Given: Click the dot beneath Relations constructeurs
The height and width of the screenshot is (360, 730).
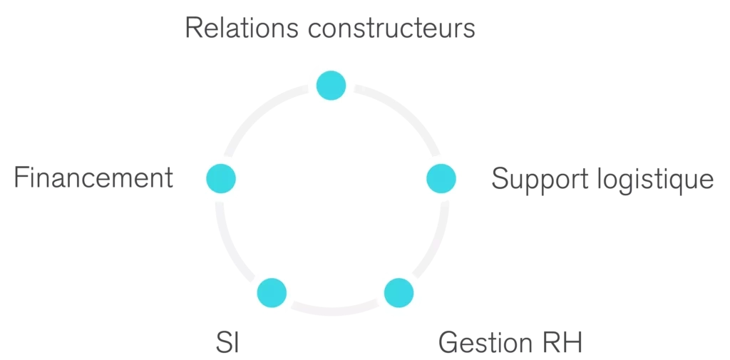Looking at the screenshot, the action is (331, 86).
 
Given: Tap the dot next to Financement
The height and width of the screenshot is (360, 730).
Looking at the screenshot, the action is (221, 178).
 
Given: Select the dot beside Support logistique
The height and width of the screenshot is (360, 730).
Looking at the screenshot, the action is (441, 178).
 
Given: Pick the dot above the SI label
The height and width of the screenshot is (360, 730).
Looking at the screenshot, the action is (272, 293).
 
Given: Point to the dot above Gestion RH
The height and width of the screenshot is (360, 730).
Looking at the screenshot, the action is (399, 293).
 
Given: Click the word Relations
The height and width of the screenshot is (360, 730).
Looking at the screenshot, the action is (241, 28).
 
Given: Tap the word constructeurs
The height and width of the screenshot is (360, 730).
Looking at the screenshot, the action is (391, 29).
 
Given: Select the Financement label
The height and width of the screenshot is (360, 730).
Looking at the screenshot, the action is (93, 178).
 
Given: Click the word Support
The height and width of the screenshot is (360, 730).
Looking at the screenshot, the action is (533, 180).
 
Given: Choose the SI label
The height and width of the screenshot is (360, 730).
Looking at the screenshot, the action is (227, 343).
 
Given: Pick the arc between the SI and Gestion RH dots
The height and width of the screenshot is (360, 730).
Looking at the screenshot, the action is (335, 311).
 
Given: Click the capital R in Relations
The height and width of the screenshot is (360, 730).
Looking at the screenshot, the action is (194, 28).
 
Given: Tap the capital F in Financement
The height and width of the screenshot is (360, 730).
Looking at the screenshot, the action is (21, 178).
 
